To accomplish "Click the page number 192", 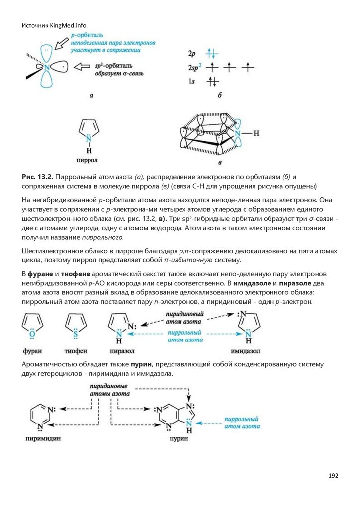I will coord(333,476).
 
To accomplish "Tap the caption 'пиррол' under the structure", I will coord(89,161).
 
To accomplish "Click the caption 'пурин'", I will coord(177,439).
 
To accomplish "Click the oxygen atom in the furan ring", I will coord(32,334).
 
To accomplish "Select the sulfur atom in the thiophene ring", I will coord(76,334).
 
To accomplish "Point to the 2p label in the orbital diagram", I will coord(193,53).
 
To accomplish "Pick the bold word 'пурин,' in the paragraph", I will coord(142,364).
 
